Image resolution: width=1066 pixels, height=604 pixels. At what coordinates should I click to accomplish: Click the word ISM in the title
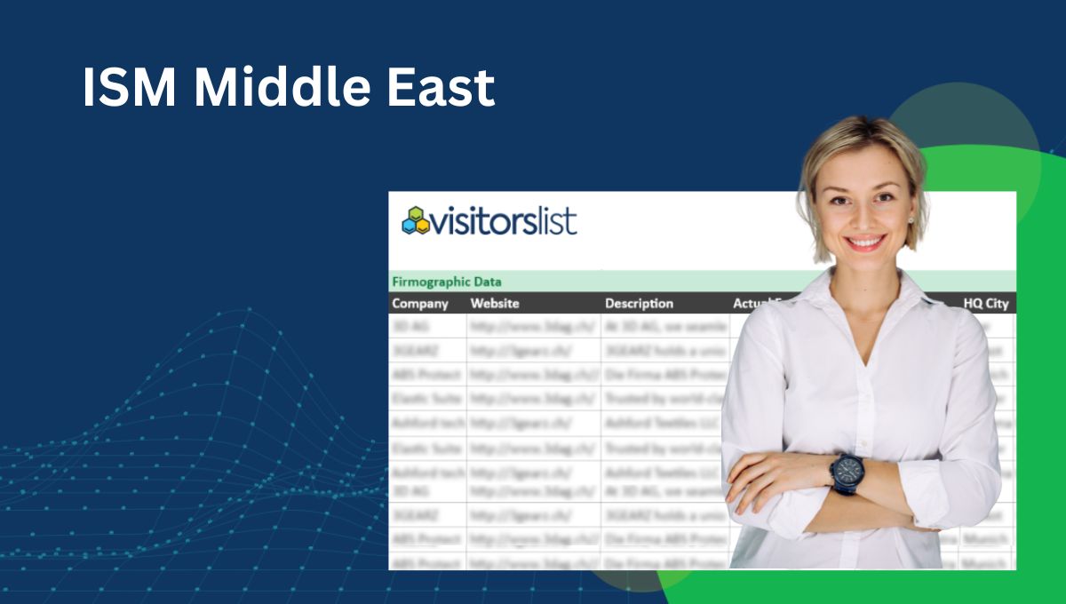pyautogui.click(x=129, y=87)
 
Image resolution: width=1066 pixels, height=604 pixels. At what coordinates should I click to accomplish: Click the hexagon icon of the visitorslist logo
pyautogui.click(x=415, y=220)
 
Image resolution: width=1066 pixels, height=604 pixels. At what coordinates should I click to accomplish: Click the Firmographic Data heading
pyautogui.click(x=446, y=282)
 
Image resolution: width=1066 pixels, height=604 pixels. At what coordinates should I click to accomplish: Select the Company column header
pyautogui.click(x=420, y=304)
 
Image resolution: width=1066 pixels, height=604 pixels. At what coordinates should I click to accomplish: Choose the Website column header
pyautogui.click(x=495, y=304)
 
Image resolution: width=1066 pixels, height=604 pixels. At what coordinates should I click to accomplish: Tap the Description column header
pyautogui.click(x=639, y=304)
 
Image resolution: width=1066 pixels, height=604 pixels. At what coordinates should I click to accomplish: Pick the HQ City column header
pyautogui.click(x=986, y=304)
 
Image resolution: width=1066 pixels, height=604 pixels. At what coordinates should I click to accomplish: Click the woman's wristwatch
pyautogui.click(x=847, y=470)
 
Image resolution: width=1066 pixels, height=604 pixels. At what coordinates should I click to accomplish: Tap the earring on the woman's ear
pyautogui.click(x=912, y=219)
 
